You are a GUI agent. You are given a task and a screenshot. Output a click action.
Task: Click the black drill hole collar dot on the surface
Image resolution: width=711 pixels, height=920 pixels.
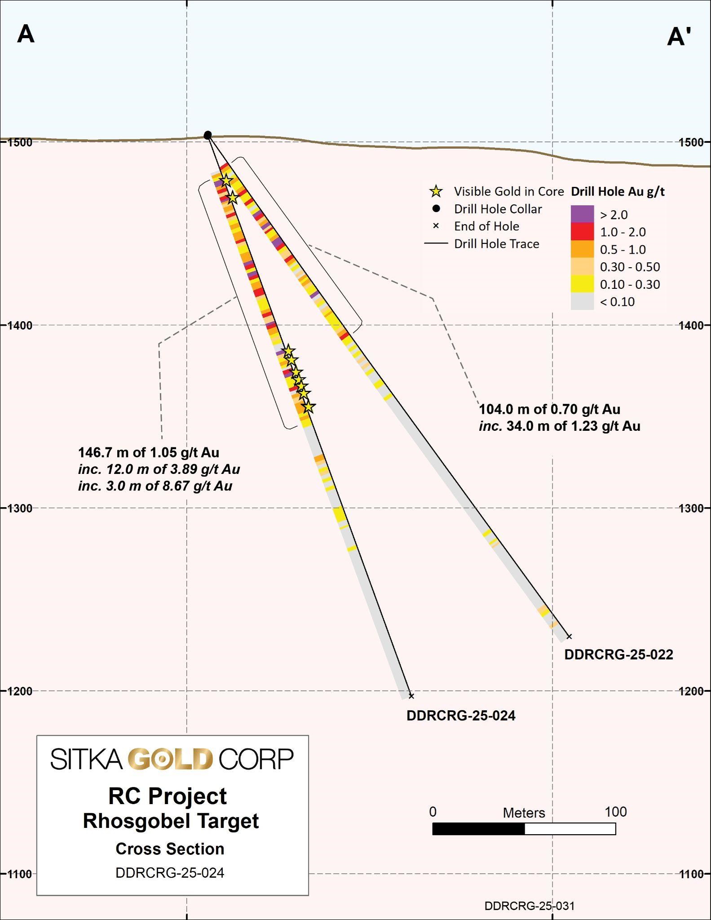[x=208, y=135]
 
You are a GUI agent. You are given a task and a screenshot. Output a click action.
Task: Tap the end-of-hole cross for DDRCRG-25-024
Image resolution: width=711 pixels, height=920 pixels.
[x=411, y=696]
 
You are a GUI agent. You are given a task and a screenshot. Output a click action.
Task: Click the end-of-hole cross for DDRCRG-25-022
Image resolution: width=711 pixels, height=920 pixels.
[x=569, y=636]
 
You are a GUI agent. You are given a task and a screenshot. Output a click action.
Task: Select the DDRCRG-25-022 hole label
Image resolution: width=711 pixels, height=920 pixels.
[x=618, y=655]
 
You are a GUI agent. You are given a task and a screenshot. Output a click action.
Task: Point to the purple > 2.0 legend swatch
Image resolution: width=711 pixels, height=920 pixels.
[x=582, y=214]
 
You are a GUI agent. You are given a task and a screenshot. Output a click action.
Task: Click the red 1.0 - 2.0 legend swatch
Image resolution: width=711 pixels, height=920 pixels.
[x=582, y=232]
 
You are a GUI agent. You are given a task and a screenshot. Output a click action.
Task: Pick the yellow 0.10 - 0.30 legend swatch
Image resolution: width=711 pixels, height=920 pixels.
[x=582, y=284]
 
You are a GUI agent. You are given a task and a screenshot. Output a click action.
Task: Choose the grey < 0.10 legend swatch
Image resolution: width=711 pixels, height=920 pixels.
[x=582, y=302]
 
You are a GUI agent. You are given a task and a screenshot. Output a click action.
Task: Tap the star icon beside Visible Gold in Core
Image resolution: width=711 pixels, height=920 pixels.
[x=436, y=192]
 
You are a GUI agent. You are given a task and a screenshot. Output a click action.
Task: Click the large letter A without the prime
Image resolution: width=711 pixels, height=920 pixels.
[x=26, y=34]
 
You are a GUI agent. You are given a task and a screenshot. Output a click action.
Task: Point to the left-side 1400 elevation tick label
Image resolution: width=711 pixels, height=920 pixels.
[x=20, y=325]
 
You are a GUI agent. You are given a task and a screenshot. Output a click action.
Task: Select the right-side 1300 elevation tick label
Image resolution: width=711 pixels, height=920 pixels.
[x=691, y=508]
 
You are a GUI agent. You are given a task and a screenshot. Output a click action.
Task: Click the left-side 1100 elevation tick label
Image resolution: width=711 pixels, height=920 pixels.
[x=20, y=874]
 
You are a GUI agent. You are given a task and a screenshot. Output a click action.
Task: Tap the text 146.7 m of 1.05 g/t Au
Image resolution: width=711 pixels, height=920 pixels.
[x=149, y=452]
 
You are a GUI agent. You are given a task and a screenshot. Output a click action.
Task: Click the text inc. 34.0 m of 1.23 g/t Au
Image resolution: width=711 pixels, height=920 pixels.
[x=559, y=426]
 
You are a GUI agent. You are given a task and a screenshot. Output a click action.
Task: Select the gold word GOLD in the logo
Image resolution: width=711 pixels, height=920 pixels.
[x=170, y=758]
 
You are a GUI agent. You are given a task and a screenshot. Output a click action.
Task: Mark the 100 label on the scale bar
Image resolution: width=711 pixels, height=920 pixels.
[x=616, y=812]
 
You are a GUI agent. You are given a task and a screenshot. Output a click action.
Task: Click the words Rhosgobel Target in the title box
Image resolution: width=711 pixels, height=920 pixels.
[x=171, y=821]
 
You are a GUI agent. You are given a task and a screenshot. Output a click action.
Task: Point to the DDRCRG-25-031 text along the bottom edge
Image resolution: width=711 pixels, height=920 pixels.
[x=529, y=906]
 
